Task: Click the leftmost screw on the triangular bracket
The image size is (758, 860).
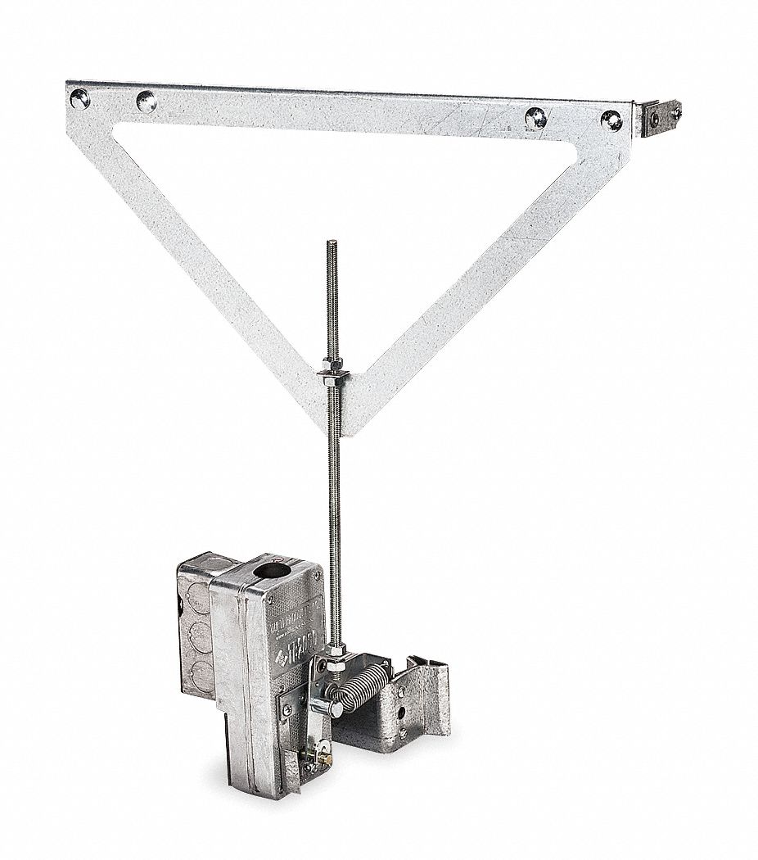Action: tap(79, 100)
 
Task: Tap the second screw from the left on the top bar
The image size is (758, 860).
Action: tap(146, 102)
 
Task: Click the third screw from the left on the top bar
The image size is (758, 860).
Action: tap(536, 117)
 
